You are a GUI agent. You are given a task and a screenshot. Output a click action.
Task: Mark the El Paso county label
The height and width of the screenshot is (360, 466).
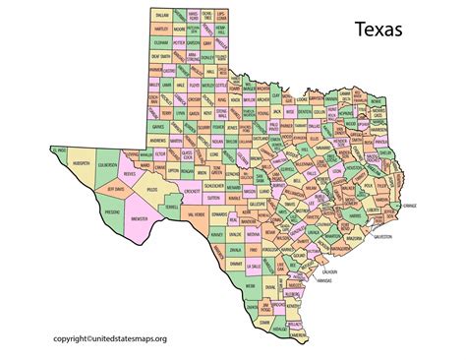point(60,150)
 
